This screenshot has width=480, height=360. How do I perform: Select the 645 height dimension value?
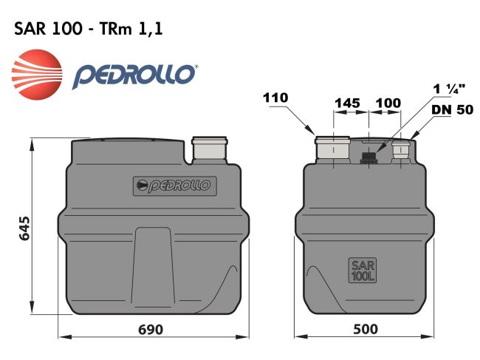[23, 230]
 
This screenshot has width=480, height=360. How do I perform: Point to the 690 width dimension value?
[151, 329]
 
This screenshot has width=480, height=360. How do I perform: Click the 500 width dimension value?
[362, 329]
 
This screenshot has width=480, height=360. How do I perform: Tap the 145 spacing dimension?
[347, 102]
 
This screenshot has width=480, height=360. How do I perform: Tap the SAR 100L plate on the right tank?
[362, 271]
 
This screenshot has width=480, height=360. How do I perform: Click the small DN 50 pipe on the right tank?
[401, 150]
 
